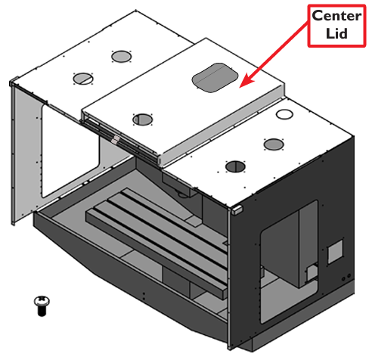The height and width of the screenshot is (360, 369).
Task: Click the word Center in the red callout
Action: coord(336,16)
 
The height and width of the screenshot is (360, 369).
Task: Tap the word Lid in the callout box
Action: coord(336,33)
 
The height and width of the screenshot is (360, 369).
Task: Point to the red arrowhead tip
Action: coord(240,88)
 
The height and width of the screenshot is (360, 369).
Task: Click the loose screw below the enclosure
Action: coord(42,306)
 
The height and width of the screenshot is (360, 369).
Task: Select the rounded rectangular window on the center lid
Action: coord(215,77)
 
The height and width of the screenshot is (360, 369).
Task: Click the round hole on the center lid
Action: coord(142,119)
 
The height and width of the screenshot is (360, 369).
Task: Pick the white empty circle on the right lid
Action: coord(284,114)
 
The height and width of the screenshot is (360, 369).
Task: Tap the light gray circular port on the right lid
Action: coord(274,144)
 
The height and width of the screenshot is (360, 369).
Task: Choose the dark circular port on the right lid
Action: coord(235,167)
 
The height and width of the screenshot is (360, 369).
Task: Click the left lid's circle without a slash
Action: coord(121,57)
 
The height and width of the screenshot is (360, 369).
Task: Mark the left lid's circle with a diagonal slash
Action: coord(83,79)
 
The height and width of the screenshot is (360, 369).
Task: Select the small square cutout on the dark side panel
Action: coord(335,251)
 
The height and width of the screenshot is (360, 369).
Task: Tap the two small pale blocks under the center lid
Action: coord(116,140)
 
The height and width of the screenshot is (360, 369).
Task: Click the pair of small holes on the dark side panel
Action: coord(346,278)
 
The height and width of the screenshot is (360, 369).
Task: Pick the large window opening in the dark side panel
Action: coord(289,262)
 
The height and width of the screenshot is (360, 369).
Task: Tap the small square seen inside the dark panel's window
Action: coord(312,273)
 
